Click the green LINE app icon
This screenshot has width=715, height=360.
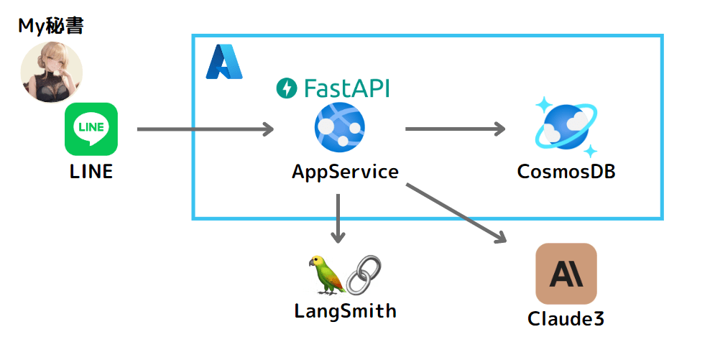[x=91, y=129]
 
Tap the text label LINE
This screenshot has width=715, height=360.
[x=91, y=172]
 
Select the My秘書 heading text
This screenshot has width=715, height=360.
[x=51, y=27]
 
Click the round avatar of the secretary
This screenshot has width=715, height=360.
[x=51, y=73]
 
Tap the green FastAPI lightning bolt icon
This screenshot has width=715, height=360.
[x=287, y=88]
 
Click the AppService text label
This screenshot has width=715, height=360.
[x=345, y=172]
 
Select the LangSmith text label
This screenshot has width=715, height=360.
[x=345, y=311]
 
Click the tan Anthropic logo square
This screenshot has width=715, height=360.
[x=566, y=273]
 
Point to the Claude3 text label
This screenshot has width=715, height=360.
[x=566, y=318]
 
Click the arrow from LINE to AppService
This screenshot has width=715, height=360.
[x=206, y=129]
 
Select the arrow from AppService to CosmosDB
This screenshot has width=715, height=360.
[x=455, y=129]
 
